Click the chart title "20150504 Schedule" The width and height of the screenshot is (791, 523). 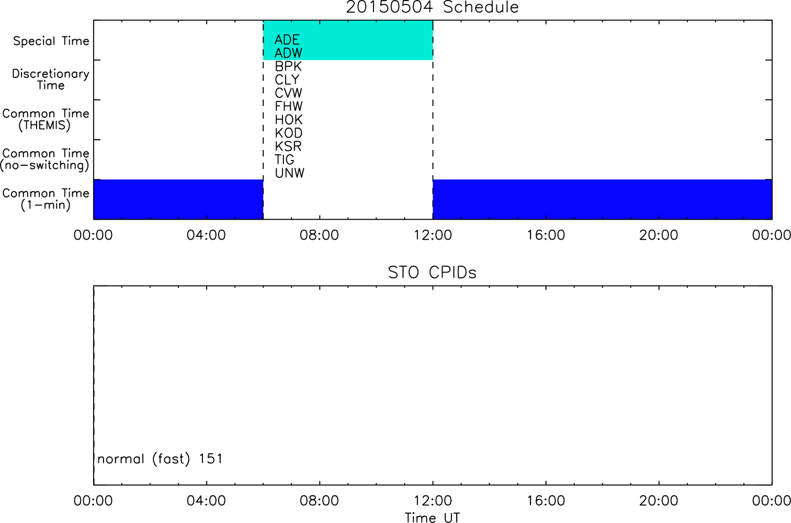(432, 7)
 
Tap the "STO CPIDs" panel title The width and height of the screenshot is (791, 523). (432, 272)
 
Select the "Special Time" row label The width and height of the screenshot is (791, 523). (51, 41)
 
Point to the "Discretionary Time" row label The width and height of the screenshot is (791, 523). (51, 79)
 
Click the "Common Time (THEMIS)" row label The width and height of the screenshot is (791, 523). (46, 119)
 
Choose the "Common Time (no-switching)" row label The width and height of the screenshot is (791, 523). (45, 160)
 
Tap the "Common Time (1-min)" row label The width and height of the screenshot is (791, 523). (46, 199)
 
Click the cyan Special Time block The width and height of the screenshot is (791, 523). (348, 40)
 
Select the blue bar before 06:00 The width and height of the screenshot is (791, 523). (178, 199)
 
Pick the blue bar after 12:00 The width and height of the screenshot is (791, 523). (603, 199)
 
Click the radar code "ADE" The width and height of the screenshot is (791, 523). (287, 40)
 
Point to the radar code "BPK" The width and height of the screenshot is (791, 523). (288, 66)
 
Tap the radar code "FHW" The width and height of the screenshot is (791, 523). (288, 106)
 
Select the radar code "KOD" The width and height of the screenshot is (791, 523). (288, 133)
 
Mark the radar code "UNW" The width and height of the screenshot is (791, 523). (290, 173)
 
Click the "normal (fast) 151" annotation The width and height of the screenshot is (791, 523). (160, 459)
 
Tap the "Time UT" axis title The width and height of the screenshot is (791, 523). (432, 518)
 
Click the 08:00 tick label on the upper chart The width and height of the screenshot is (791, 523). (319, 235)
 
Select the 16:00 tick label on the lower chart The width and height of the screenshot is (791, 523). (546, 501)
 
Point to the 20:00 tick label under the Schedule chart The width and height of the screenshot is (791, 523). (659, 235)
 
